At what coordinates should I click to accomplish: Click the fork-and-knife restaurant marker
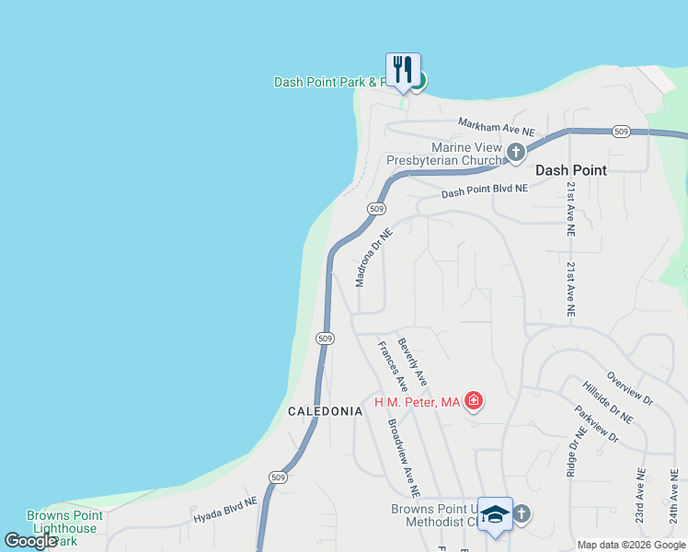coord(403,71)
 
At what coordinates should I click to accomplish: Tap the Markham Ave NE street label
coord(497,127)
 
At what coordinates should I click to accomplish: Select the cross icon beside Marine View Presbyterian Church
coord(516,152)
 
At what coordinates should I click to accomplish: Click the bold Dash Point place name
coord(570,170)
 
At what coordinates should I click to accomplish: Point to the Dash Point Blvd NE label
coord(485,191)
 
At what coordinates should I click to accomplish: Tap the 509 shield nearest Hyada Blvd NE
coord(280,477)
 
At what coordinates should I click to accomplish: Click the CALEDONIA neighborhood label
coord(325,411)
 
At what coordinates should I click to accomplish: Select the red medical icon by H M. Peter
coord(474,400)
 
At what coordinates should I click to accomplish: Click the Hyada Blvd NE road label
coord(224,512)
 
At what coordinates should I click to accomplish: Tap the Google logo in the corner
coord(31,541)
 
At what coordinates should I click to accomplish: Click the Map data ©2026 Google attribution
coord(632,545)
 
